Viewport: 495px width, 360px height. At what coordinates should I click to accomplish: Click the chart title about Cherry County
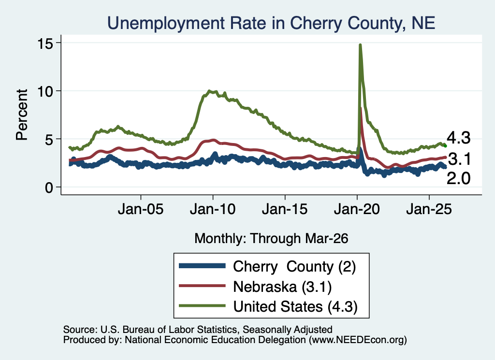271,23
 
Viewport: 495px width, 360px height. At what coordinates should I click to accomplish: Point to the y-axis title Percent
22,115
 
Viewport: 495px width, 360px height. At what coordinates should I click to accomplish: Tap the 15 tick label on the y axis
45,43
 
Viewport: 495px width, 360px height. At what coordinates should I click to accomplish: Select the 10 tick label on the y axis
45,91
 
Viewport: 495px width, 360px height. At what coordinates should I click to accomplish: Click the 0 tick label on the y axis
49,187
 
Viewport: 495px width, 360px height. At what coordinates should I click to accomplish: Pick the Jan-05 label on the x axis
141,209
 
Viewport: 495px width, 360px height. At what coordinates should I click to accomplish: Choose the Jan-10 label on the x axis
213,209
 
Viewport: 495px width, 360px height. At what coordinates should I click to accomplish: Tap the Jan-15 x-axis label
285,209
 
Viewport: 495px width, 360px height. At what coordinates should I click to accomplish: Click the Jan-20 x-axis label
357,209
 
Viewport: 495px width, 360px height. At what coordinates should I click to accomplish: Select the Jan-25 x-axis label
429,209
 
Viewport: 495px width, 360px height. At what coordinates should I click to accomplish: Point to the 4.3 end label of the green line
458,138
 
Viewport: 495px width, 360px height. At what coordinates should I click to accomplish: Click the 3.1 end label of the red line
459,159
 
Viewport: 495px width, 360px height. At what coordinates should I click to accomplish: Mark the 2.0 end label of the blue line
458,179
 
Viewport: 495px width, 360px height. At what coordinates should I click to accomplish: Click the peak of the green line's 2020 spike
360,45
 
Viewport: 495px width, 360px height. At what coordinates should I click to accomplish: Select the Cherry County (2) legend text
294,267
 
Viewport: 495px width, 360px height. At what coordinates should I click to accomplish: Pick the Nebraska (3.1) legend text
282,287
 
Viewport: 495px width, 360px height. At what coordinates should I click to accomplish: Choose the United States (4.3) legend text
295,306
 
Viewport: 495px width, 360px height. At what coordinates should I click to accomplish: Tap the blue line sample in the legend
202,266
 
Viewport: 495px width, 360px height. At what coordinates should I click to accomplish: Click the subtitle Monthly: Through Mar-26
271,239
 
